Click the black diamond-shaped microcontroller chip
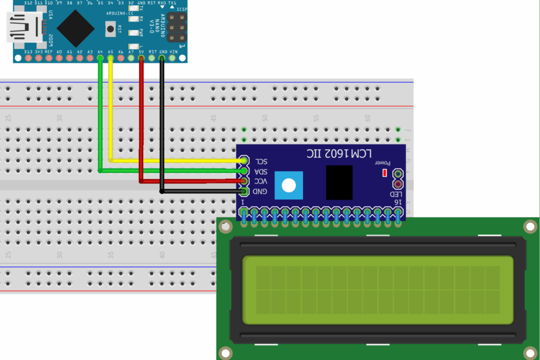tap(75, 28)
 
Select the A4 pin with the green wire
tap(100, 58)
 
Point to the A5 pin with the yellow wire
tap(110, 58)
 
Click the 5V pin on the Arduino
tap(141, 58)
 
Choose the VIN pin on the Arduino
tap(173, 58)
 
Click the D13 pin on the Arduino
tap(27, 58)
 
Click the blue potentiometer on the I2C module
tap(289, 185)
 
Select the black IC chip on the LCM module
tap(339, 182)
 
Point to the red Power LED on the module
tap(384, 173)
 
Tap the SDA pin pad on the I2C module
tap(244, 171)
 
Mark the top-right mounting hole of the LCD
tap(530, 226)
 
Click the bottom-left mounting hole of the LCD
tap(225, 352)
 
